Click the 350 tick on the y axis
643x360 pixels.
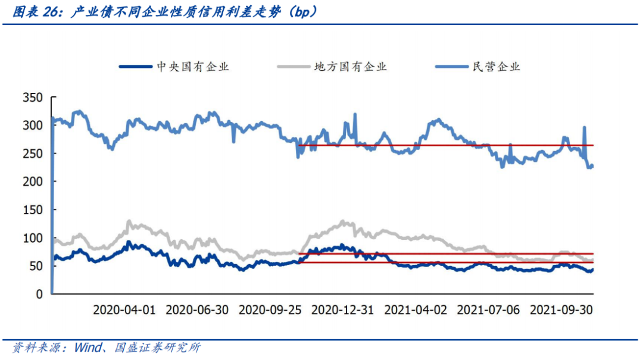tap(33, 98)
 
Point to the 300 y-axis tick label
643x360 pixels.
tap(33, 126)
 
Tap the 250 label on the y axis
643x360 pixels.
tap(33, 154)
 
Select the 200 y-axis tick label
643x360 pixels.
tap(33, 181)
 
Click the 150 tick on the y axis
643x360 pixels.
tap(33, 209)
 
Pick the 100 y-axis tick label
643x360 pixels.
tap(33, 238)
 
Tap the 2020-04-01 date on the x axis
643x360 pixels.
tap(124, 310)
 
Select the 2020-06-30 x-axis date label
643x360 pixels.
tap(196, 310)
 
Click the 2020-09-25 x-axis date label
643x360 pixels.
tap(269, 310)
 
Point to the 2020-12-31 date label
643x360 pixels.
tap(342, 310)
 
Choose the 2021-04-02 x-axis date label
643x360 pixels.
tap(415, 310)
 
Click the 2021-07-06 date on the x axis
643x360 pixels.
tap(488, 310)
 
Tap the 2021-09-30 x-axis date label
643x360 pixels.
tap(561, 310)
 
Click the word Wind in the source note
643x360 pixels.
tap(88, 348)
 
